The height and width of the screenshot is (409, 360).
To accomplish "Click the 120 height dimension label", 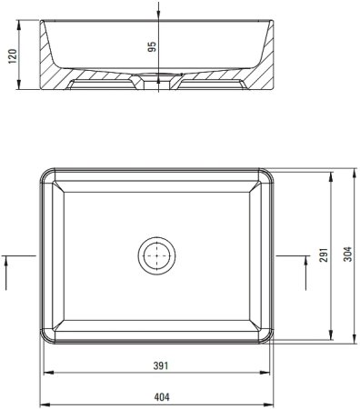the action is click(x=13, y=56).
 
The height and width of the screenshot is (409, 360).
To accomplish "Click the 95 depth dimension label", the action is click(x=152, y=46).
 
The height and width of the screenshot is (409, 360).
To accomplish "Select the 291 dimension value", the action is click(x=324, y=255).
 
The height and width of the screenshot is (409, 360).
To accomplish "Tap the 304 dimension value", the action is click(x=349, y=254).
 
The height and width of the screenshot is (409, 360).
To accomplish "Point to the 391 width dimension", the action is click(x=160, y=366).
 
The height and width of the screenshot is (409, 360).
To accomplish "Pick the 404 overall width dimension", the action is click(x=162, y=397).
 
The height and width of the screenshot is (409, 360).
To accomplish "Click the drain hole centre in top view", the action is click(x=156, y=255).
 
